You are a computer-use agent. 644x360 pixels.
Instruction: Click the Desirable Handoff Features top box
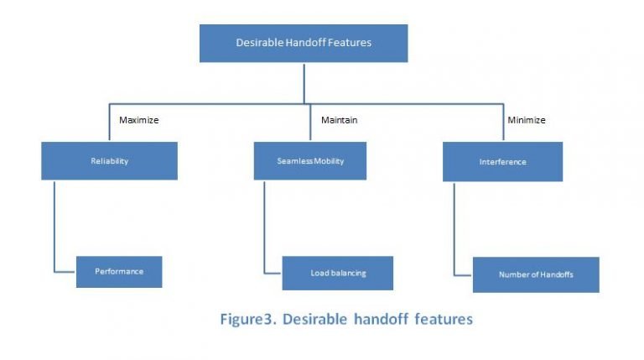[303, 43]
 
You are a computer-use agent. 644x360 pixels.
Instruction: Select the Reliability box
[109, 161]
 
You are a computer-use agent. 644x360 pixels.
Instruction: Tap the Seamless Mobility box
[309, 161]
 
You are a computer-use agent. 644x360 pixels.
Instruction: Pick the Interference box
[502, 162]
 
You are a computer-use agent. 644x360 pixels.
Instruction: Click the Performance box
[118, 272]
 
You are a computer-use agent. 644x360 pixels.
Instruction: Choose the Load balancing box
[337, 273]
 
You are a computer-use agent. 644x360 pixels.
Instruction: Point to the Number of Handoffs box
[535, 274]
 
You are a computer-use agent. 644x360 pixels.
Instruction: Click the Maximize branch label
[138, 120]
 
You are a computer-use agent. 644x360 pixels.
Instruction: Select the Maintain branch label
[339, 120]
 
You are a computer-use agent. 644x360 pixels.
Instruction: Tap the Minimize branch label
[526, 120]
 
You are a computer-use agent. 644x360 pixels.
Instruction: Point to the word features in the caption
[444, 319]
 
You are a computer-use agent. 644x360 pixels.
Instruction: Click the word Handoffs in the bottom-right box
[557, 274]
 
